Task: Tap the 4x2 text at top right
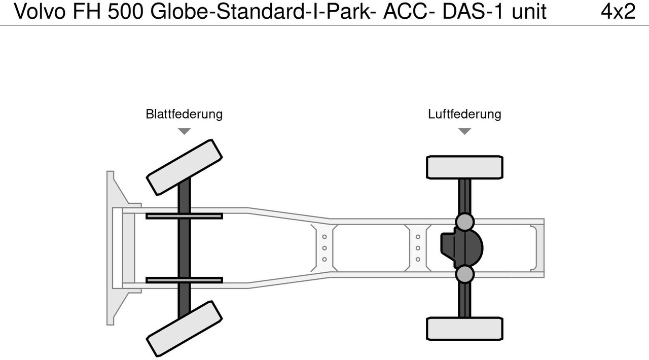click(618, 11)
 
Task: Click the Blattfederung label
click(184, 114)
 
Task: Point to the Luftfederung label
click(464, 114)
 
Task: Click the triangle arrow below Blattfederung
click(184, 131)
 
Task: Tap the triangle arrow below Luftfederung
click(464, 131)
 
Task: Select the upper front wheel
click(184, 167)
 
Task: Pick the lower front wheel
click(184, 329)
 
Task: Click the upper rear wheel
click(464, 167)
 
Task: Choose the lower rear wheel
click(464, 329)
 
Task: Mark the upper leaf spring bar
click(184, 216)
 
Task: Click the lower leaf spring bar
click(184, 280)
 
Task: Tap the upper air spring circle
click(464, 222)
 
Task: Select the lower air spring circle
click(464, 274)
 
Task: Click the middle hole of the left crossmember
click(324, 248)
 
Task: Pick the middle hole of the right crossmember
click(418, 248)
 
